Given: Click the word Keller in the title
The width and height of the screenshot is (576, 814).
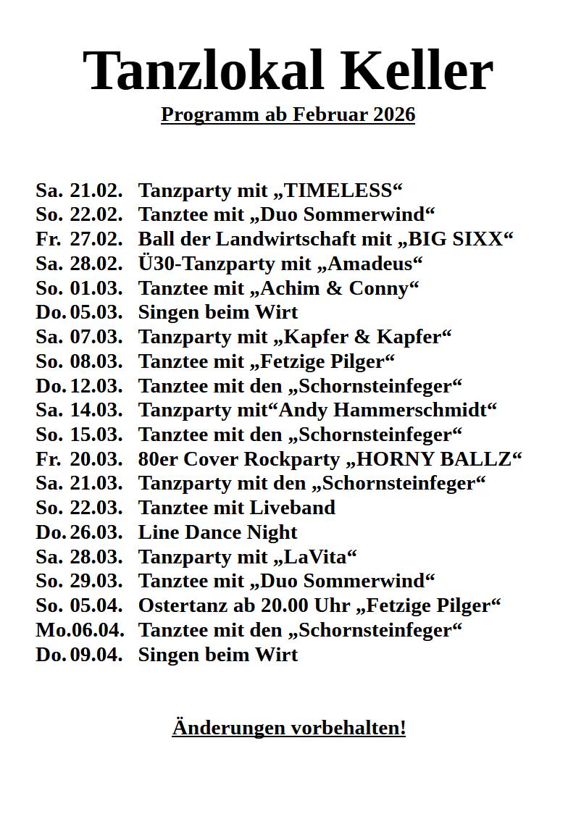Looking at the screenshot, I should click(x=416, y=71).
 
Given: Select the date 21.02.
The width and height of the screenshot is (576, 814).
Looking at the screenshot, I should click(x=96, y=190).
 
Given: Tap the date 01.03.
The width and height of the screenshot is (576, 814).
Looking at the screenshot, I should click(x=96, y=288).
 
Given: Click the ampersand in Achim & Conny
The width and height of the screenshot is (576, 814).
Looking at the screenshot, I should click(x=334, y=288).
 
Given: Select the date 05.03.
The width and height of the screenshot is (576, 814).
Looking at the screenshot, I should click(x=96, y=313).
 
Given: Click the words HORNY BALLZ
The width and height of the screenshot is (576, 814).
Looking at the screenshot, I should click(x=434, y=459).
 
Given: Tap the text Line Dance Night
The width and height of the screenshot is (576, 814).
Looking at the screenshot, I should click(x=217, y=532).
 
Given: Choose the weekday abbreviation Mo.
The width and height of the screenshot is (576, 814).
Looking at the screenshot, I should click(x=50, y=630).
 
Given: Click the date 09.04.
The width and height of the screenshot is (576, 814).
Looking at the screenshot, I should click(x=96, y=655).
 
